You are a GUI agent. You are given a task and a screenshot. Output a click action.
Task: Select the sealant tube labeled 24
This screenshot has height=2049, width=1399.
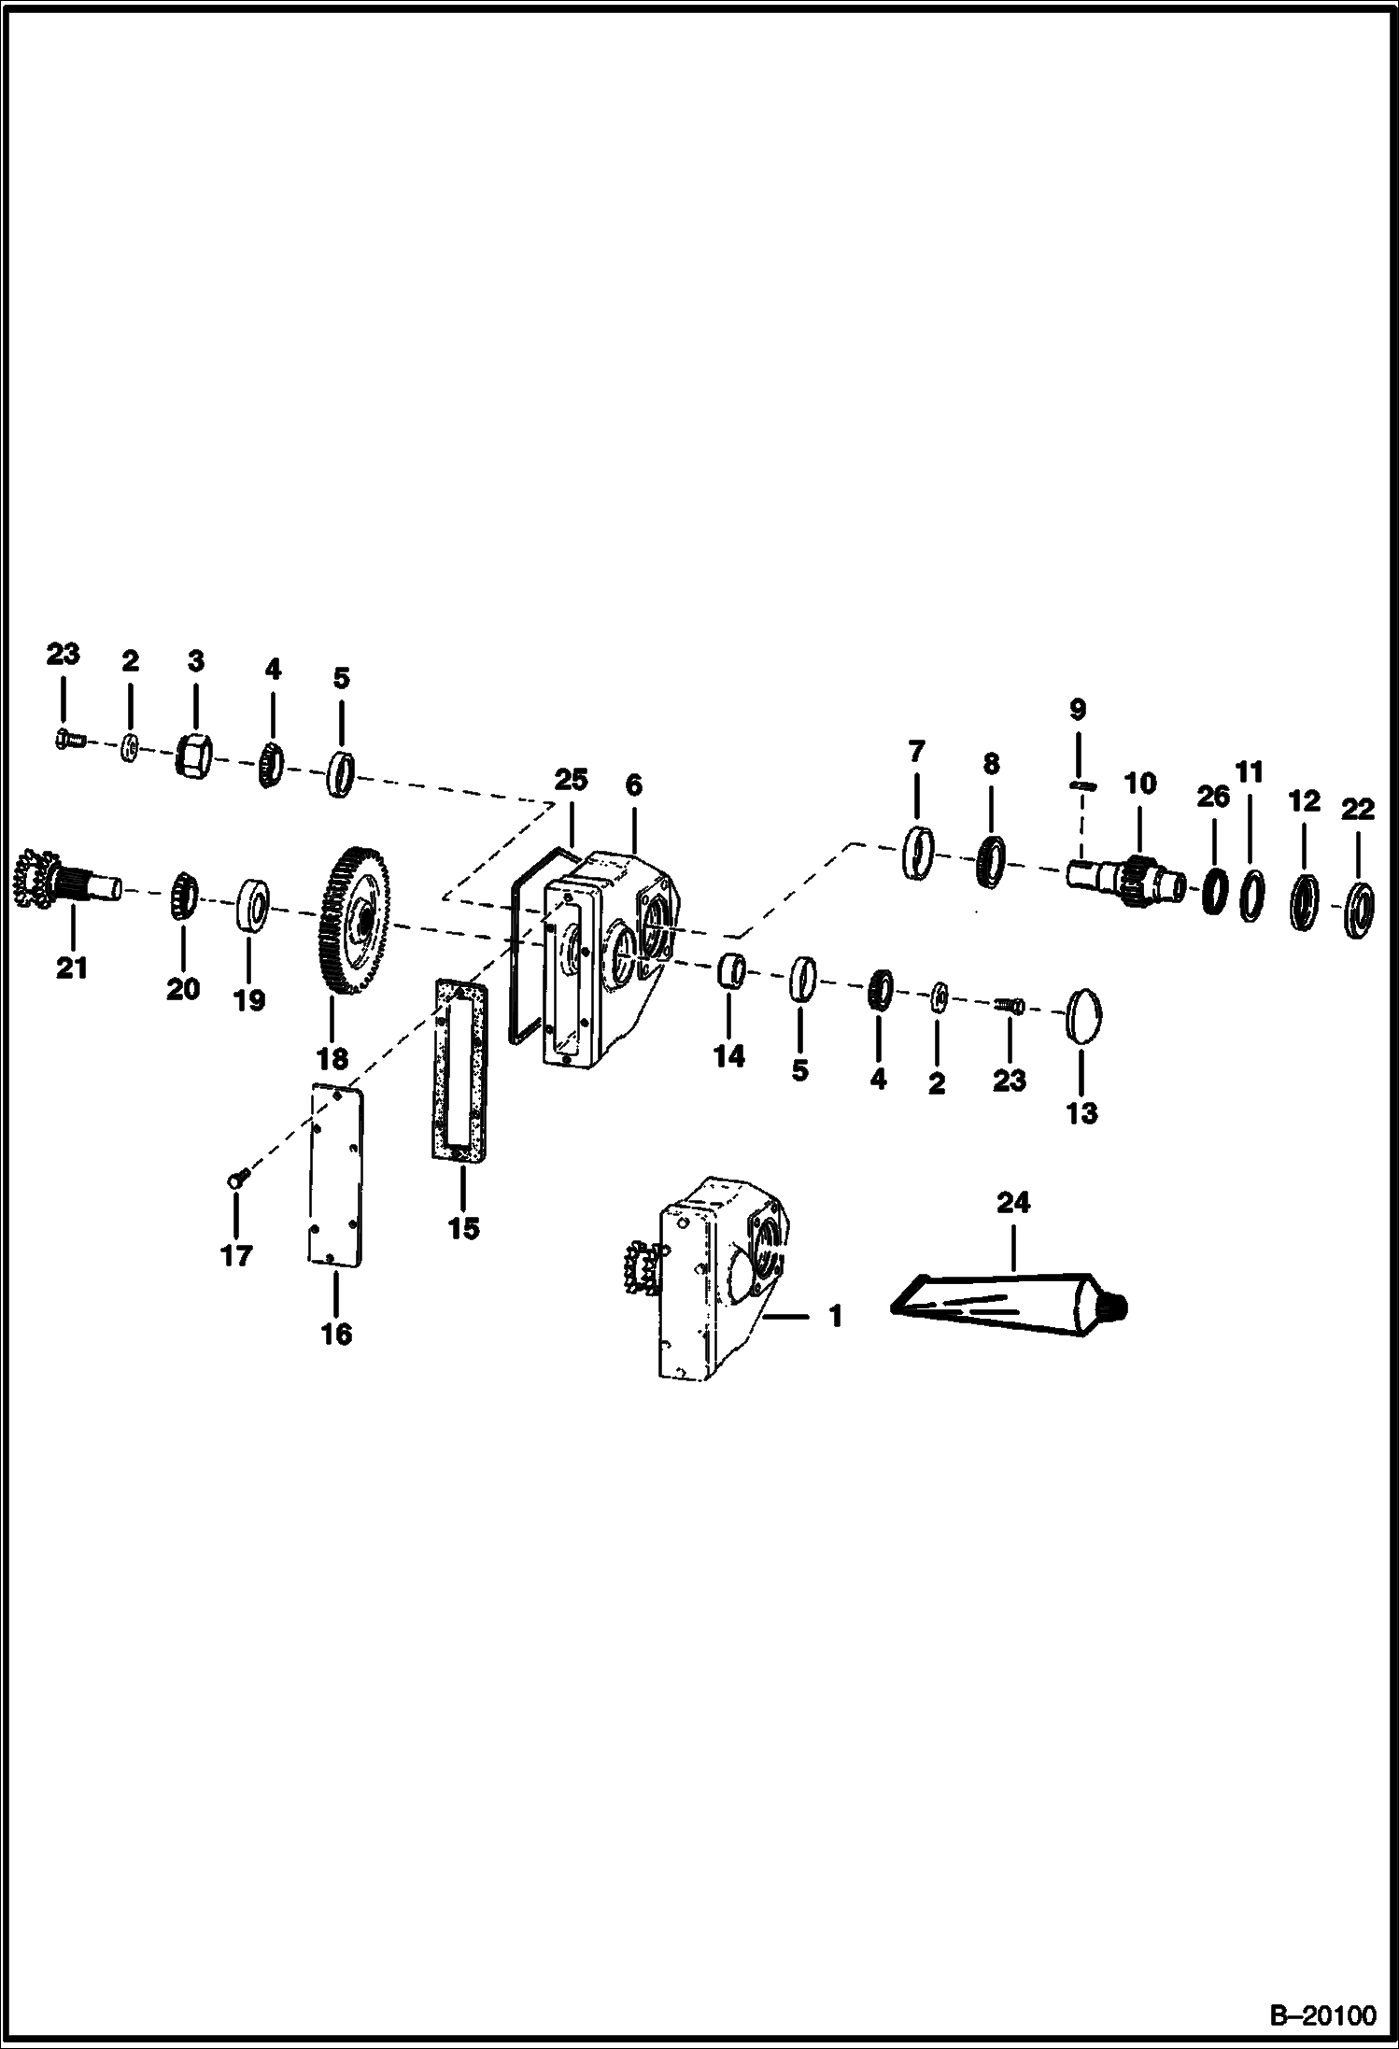(x=1010, y=1297)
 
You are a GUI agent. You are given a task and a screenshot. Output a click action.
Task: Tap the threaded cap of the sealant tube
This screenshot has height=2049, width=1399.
(x=1118, y=1305)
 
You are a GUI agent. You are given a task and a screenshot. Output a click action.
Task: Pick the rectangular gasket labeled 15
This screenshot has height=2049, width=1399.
(x=460, y=1070)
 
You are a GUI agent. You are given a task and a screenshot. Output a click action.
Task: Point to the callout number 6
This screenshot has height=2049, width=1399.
(x=633, y=785)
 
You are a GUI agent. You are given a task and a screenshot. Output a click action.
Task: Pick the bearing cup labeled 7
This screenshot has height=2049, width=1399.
(x=920, y=852)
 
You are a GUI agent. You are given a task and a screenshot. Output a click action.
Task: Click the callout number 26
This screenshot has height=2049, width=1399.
(x=1213, y=798)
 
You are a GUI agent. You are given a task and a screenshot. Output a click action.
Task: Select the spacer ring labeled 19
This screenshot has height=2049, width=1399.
(x=252, y=903)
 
